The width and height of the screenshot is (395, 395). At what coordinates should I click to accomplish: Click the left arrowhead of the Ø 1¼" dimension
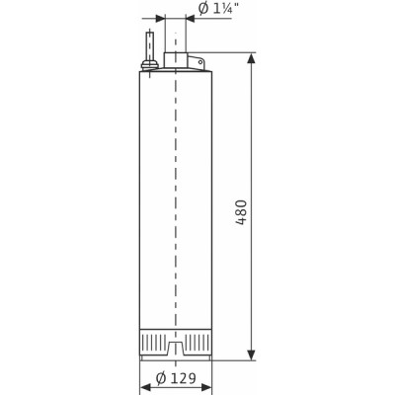point(162,17)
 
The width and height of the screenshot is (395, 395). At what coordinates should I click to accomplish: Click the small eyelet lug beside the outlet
point(200,65)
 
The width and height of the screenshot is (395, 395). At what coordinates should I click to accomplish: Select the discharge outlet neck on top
point(175,59)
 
